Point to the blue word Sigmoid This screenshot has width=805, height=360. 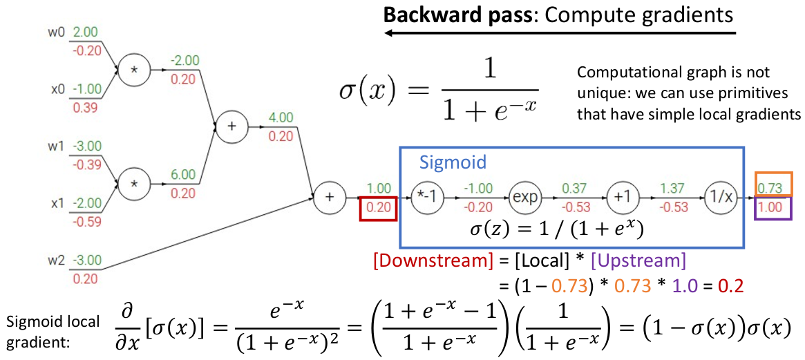coord(453,163)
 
